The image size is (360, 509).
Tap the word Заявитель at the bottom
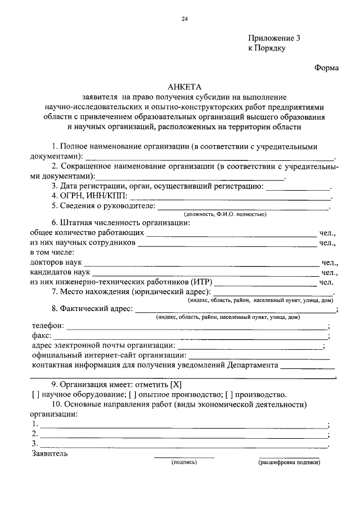[50, 453]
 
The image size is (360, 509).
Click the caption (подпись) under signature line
[184, 462]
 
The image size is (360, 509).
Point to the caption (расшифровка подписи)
[289, 462]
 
